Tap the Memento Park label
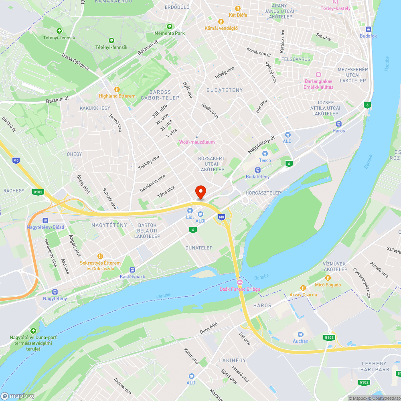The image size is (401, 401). (175, 33)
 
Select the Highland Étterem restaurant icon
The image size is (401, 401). (117, 89)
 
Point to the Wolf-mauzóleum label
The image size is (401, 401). (197, 142)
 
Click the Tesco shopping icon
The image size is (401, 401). (264, 154)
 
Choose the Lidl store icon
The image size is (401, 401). (190, 211)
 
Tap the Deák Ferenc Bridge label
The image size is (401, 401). (240, 289)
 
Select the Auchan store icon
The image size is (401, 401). (300, 334)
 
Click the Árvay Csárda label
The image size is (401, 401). (303, 295)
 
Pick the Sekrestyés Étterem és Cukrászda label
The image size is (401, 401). (100, 265)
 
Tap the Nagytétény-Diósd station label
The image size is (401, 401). (45, 227)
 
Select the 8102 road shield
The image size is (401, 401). (38, 192)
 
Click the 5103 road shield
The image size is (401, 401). (329, 338)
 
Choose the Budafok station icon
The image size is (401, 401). (368, 29)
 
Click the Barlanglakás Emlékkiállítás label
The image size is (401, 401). (318, 84)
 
